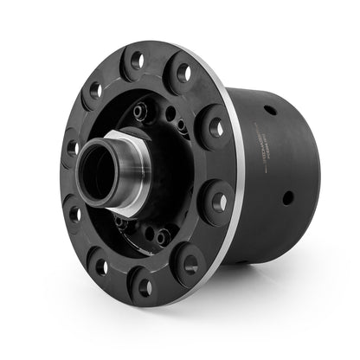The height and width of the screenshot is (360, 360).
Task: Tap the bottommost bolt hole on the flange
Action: [x=145, y=286]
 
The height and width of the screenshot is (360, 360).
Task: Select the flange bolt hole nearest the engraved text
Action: [x=215, y=128]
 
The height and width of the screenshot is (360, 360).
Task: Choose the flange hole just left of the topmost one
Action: [x=95, y=89]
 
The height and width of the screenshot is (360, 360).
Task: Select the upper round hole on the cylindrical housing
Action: [x=271, y=110]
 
